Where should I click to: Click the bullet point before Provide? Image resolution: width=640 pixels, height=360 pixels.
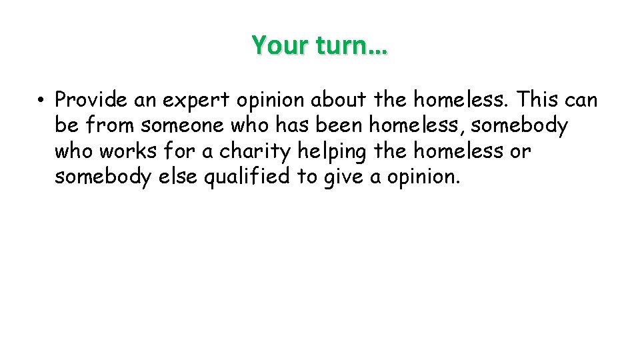[41, 101]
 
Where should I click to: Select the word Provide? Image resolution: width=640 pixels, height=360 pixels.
[91, 100]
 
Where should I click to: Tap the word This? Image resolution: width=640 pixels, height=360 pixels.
[539, 100]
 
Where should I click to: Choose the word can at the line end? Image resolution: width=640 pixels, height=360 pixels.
[581, 101]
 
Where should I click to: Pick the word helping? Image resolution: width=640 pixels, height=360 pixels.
[332, 152]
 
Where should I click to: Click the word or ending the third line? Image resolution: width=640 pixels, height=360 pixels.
[519, 152]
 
